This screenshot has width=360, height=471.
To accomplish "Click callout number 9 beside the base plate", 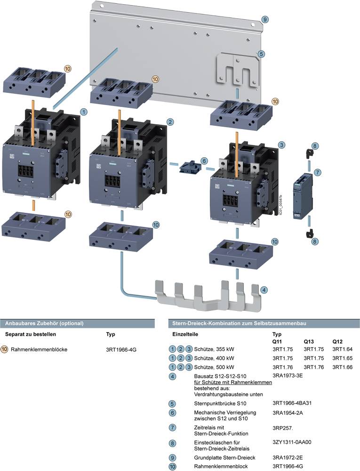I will pos(265,19).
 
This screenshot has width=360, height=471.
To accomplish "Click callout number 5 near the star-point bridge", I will pos(261,54).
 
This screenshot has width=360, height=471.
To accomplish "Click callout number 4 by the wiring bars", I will pos(265,290).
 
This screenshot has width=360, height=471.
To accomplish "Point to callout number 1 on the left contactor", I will pos(84,112).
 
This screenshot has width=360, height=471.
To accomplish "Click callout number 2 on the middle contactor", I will pos(170,122).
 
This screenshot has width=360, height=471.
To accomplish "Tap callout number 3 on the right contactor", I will pos(281,144).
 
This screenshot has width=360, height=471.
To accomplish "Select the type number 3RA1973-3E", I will pos(287,375).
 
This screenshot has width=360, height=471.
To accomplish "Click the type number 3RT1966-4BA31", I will pos(292,403).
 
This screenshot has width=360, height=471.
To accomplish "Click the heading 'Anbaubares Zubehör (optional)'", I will pos(44,324).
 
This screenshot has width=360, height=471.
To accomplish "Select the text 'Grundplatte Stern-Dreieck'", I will pos(225,457).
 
